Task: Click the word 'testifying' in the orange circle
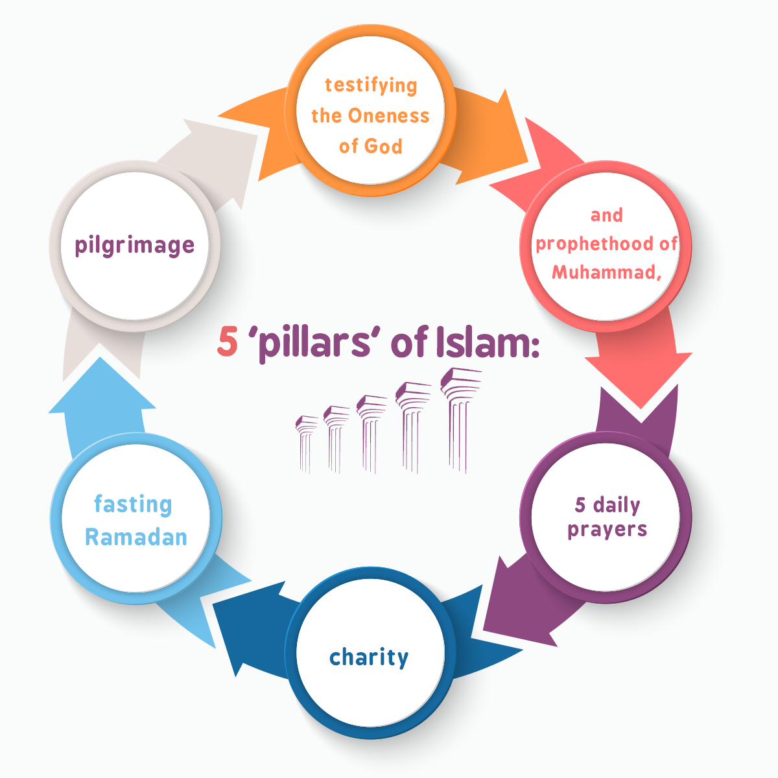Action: click(371, 86)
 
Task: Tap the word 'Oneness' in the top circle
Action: click(388, 116)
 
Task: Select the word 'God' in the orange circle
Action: click(386, 146)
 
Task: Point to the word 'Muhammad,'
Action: click(606, 272)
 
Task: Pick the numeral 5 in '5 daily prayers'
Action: click(580, 504)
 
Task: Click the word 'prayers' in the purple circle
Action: click(607, 530)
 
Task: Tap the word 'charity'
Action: click(369, 657)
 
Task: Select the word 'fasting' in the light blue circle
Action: click(133, 504)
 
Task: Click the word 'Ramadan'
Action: click(136, 537)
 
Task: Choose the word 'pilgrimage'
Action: click(135, 246)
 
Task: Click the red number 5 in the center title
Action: click(227, 342)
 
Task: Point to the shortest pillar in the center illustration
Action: click(305, 444)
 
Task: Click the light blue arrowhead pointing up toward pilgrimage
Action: click(102, 392)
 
